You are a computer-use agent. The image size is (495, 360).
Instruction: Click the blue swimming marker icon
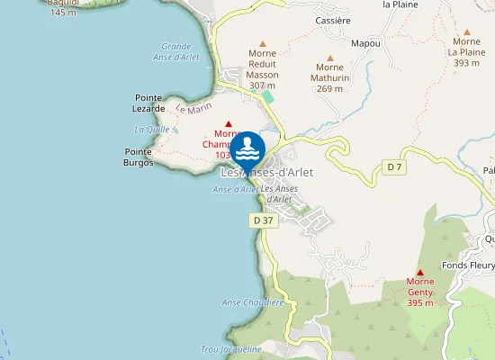click(247, 149)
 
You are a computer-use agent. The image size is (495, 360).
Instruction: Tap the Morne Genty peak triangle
click(420, 272)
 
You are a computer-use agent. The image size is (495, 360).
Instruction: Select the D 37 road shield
click(263, 220)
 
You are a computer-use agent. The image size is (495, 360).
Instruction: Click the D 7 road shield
click(394, 166)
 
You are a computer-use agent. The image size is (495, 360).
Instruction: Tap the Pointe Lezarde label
click(149, 102)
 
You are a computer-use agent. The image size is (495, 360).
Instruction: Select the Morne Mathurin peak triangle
click(330, 57)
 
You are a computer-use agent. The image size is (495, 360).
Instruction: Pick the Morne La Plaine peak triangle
click(466, 31)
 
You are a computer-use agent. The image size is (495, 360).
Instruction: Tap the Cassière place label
click(333, 20)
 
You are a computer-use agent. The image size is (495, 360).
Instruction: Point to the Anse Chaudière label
click(253, 302)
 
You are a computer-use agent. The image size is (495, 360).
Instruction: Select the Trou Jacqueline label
click(231, 348)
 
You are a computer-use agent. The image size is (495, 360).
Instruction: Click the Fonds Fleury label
click(468, 265)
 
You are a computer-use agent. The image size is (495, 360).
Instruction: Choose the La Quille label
click(151, 130)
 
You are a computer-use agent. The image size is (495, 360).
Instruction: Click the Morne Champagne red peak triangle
click(229, 124)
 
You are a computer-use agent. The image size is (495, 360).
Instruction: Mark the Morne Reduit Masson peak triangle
click(263, 43)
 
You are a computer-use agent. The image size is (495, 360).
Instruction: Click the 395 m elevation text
click(420, 303)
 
